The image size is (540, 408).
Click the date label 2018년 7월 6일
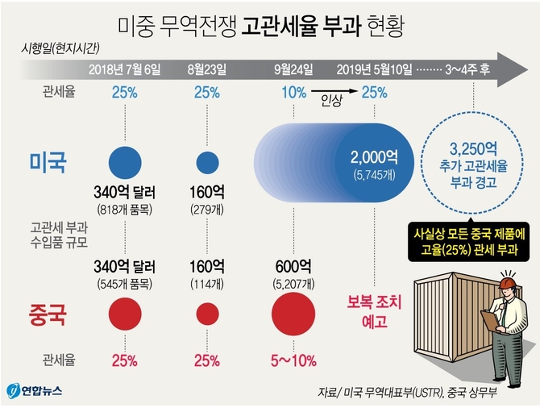(125, 70)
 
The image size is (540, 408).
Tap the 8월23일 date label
(207, 70)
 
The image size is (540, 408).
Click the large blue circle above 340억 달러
(125, 162)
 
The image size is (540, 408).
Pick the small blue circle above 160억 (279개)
(207, 162)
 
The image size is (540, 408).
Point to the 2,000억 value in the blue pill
(372, 157)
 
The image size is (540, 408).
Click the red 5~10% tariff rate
(293, 359)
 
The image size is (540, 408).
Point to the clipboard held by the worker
(490, 319)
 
